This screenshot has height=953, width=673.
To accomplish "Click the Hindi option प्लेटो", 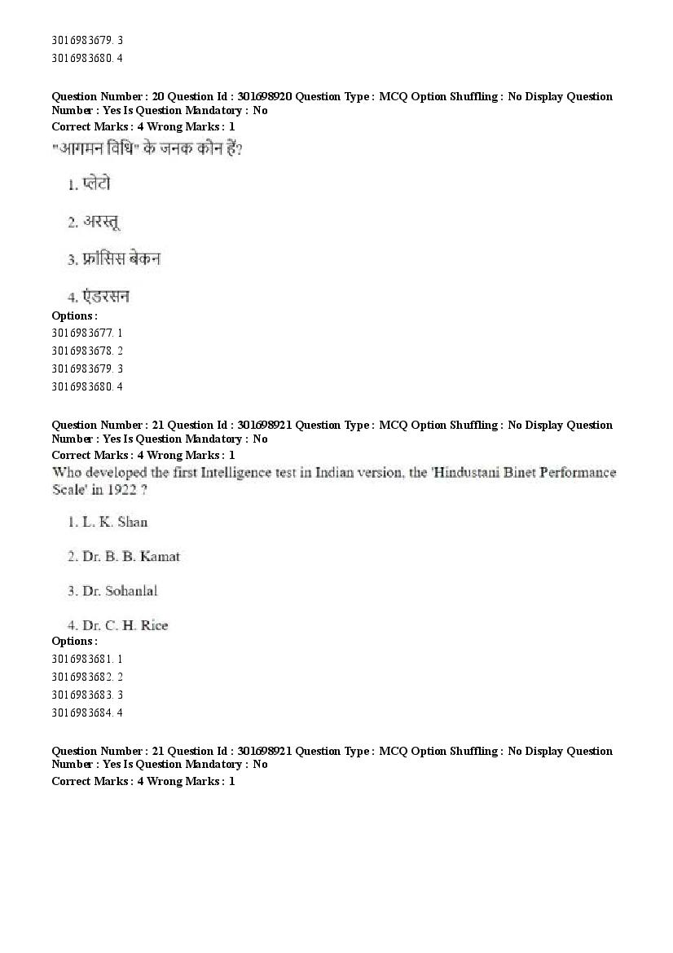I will click(96, 184).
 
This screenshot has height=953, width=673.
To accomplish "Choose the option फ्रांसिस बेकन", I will click(121, 259).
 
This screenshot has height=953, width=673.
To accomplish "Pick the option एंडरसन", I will click(106, 297).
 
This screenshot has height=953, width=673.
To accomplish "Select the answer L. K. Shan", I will click(115, 522).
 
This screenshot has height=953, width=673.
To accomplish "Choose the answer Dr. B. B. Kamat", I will click(131, 557).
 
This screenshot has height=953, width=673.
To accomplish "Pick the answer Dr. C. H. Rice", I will click(125, 625).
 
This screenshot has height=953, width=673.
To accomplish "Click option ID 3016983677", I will click(81, 333).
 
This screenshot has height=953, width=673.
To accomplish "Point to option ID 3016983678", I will click(81, 351).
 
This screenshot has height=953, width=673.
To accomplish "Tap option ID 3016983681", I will click(81, 659).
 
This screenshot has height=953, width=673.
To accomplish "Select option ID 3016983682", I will click(81, 677).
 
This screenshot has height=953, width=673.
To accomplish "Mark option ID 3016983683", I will click(81, 695).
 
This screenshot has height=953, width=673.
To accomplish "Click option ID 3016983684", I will click(81, 713).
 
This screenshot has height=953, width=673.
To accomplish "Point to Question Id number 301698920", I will click(263, 96).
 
